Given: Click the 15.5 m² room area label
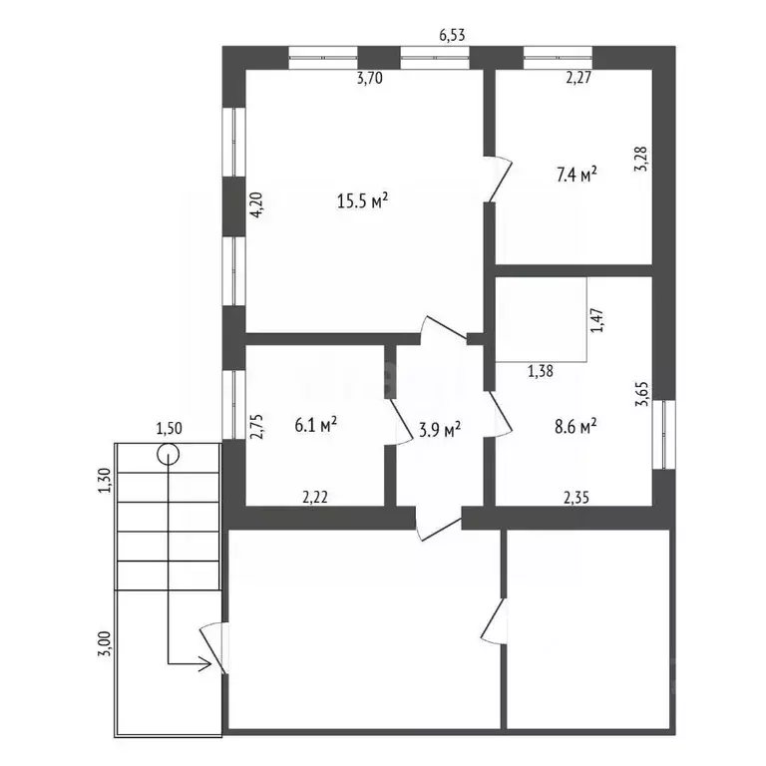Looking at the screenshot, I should coord(362,201).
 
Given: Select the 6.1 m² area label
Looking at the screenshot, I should coord(315,425).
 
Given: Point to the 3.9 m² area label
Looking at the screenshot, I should coord(438,430).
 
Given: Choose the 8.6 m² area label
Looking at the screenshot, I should coord(576,426).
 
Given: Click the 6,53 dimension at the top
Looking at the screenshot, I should coord(453,35).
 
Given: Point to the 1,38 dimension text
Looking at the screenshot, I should coord(541,372).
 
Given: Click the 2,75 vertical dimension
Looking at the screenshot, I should coord(256,427).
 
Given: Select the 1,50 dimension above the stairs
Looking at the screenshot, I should coord(169,429).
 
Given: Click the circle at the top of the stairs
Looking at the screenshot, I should coord(169,455).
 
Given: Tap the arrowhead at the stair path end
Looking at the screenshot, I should coord(207,664).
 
